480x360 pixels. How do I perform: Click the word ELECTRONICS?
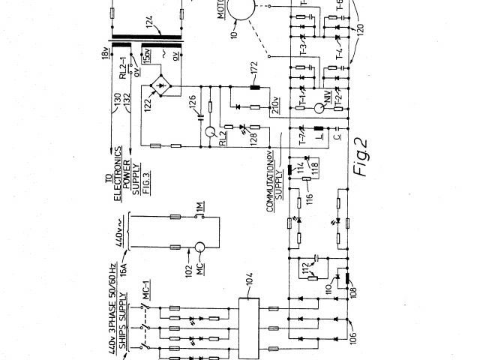(118, 180)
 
